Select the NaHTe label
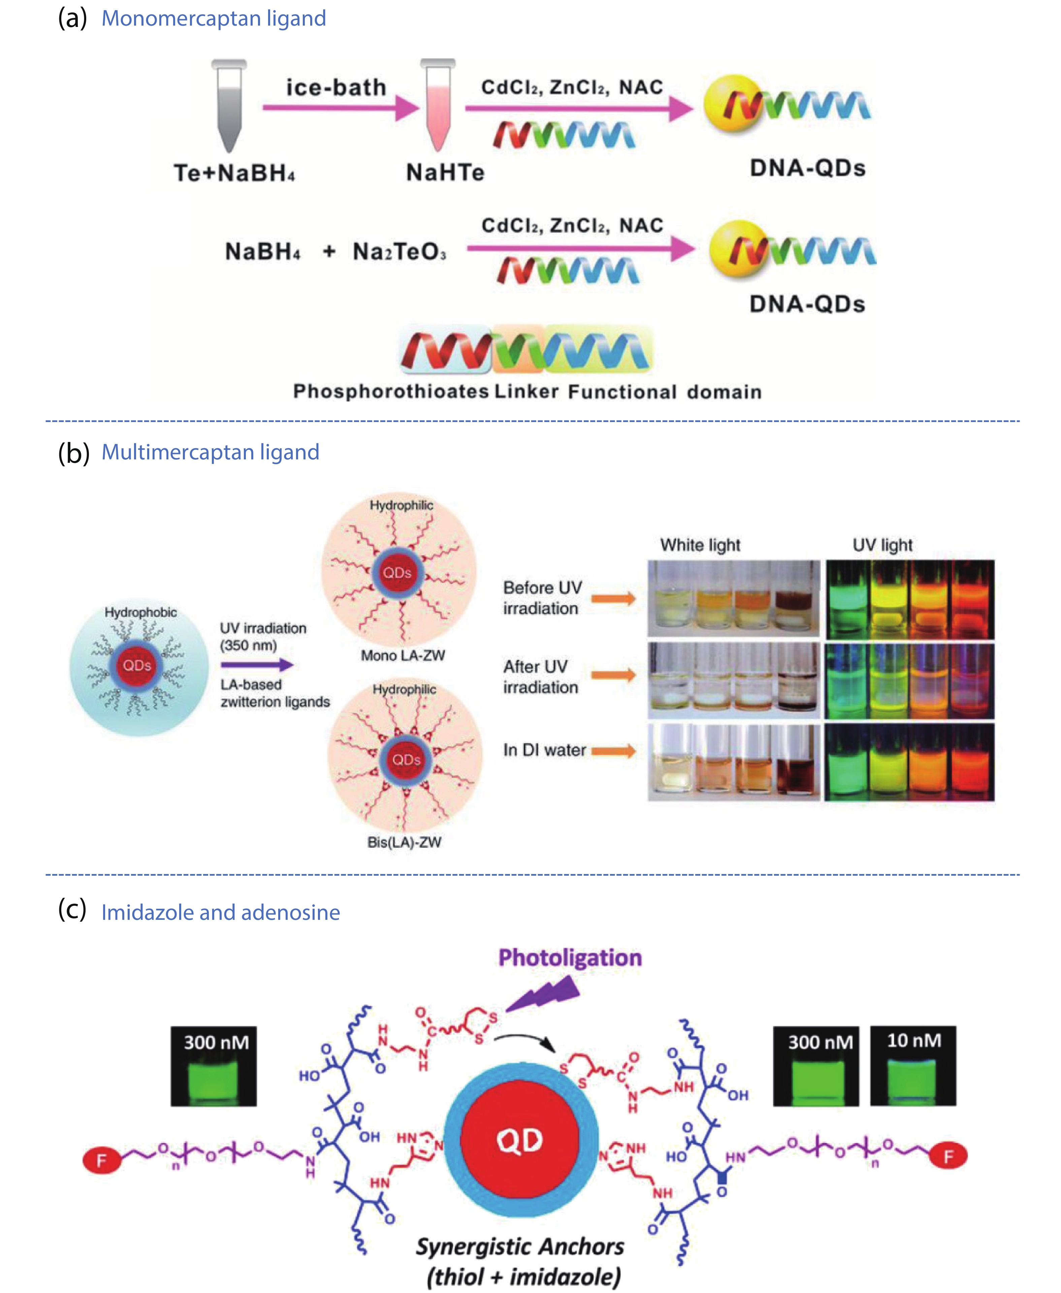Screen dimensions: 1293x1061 pyautogui.click(x=445, y=172)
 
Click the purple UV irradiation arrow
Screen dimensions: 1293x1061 pyautogui.click(x=257, y=665)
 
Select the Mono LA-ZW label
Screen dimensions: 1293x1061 pyautogui.click(x=403, y=656)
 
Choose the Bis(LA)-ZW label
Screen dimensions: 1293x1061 pyautogui.click(x=404, y=842)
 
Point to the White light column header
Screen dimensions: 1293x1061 pyautogui.click(x=700, y=545)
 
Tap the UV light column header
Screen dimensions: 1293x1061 pyautogui.click(x=882, y=545)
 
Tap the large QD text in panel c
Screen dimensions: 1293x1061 pyautogui.click(x=519, y=1141)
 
